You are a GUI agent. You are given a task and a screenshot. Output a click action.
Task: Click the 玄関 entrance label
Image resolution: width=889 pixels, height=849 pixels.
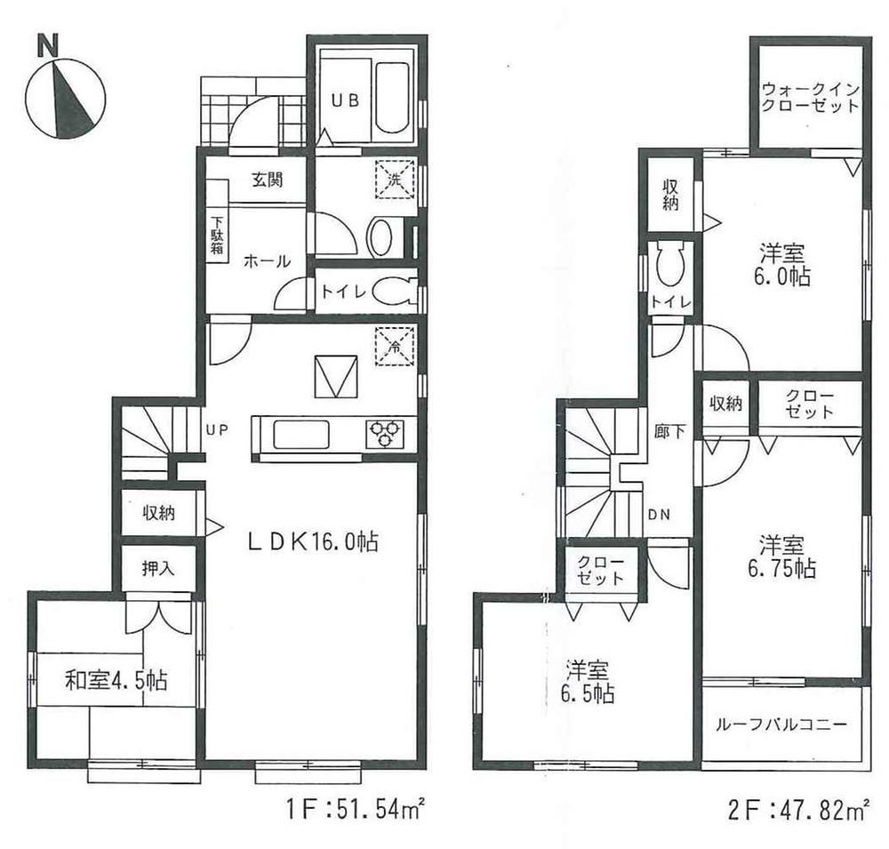click(266, 180)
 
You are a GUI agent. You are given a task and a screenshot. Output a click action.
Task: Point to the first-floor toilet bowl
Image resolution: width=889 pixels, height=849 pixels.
click(389, 290)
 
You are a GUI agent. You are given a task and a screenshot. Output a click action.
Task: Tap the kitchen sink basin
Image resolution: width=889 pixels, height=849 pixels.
click(302, 436)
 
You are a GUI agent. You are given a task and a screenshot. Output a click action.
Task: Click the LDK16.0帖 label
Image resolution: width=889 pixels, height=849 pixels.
click(307, 541)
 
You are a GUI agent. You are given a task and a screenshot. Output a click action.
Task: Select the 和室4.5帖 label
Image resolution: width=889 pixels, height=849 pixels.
click(116, 682)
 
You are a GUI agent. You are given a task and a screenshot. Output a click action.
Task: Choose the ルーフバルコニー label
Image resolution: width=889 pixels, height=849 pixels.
click(781, 724)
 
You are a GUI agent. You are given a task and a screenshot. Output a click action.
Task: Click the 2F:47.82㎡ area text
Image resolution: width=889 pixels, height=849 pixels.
click(797, 810)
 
